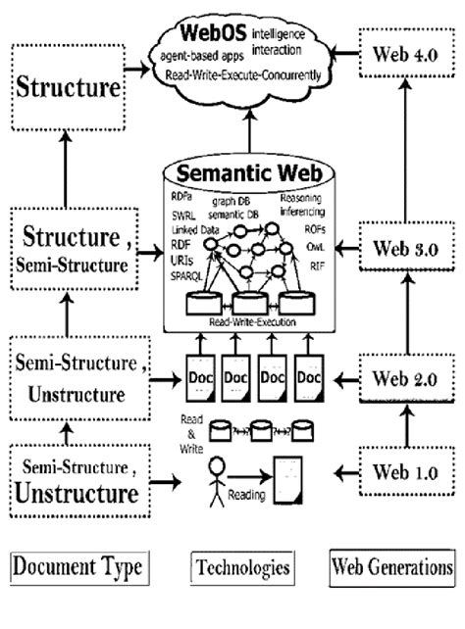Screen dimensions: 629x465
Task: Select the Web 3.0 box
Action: point(404,248)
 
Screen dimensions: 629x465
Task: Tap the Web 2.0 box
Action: point(404,375)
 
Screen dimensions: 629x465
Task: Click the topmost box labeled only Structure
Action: point(68,89)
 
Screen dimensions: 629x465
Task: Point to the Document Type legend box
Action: point(77,565)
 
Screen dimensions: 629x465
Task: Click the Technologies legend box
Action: point(241,566)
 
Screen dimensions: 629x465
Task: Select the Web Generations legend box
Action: point(392,565)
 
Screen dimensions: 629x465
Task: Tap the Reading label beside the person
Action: point(246,496)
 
